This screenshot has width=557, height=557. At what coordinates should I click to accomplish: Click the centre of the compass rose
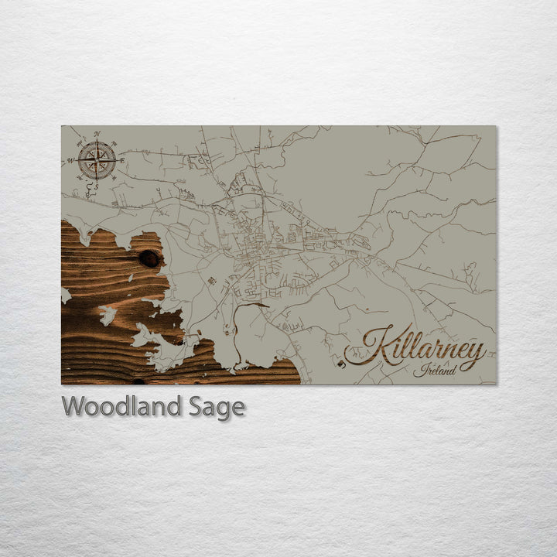coord(97,160)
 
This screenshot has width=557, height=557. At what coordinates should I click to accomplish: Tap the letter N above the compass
coord(97,134)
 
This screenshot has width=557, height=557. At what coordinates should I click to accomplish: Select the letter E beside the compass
coord(122,160)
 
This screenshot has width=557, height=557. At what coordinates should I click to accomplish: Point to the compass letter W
coord(70,161)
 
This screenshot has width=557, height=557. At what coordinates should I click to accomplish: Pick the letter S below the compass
coord(97,186)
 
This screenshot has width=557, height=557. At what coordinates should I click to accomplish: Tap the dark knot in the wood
coord(149,258)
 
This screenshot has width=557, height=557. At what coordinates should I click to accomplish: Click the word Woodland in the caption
coord(121,406)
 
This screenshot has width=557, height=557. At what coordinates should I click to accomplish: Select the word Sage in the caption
coord(216,407)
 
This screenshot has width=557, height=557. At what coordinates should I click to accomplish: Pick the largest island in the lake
coord(159,344)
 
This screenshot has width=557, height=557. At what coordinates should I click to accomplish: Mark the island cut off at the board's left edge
coord(65,295)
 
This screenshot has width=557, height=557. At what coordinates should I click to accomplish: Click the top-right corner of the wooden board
coord(496,126)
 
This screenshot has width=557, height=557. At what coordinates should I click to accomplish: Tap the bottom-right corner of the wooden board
coord(496,384)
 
